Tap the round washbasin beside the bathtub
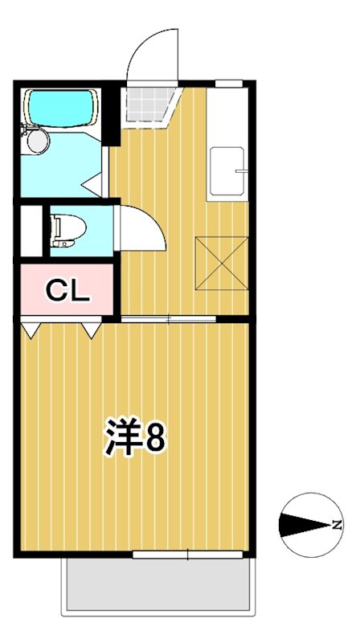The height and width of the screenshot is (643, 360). point(36,141)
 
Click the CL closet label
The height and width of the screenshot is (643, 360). point(67,290)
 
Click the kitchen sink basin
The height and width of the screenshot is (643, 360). point(227,172)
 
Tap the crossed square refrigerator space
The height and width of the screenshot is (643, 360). point(222,262)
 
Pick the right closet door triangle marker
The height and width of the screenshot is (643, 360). point(91,329)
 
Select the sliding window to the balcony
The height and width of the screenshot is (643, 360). point(188,554)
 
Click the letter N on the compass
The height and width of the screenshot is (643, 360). point(338,526)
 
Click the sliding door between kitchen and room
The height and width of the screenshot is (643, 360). point(169,320)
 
